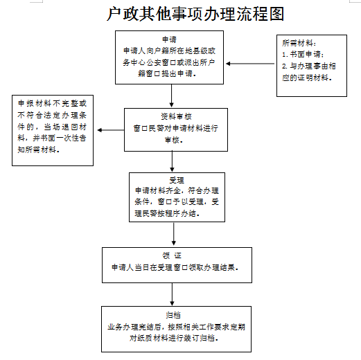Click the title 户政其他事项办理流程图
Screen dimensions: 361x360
pyautogui.click(x=195, y=14)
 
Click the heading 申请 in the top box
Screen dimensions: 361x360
pyautogui.click(x=169, y=39)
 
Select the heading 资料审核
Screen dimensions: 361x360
pyautogui.click(x=176, y=116)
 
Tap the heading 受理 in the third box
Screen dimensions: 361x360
pyautogui.click(x=177, y=180)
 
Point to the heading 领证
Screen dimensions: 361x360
pyautogui.click(x=172, y=255)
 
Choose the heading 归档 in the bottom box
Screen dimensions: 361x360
pyautogui.click(x=173, y=315)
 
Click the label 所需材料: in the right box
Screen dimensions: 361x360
pyautogui.click(x=299, y=43)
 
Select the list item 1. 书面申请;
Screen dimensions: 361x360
pyautogui.click(x=303, y=55)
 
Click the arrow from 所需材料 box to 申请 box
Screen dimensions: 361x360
pyautogui.click(x=250, y=64)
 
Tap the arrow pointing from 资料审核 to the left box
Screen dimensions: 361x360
pyautogui.click(x=111, y=130)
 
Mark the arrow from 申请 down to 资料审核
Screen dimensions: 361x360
pyautogui.click(x=171, y=96)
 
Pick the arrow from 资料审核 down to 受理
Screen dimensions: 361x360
pyautogui.click(x=172, y=161)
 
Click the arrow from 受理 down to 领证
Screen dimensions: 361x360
pyautogui.click(x=174, y=234)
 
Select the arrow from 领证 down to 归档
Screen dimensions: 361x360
pyautogui.click(x=172, y=294)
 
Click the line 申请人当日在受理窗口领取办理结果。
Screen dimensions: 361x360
pyautogui.click(x=175, y=267)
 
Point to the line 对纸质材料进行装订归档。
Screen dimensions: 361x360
pyautogui.click(x=174, y=338)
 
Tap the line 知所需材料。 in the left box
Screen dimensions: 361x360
pyautogui.click(x=39, y=150)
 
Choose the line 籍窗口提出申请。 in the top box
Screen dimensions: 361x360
pyautogui.click(x=167, y=73)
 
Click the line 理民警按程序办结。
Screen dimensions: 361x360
pyautogui.click(x=167, y=213)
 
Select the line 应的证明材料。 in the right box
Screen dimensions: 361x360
pyautogui.click(x=307, y=78)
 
